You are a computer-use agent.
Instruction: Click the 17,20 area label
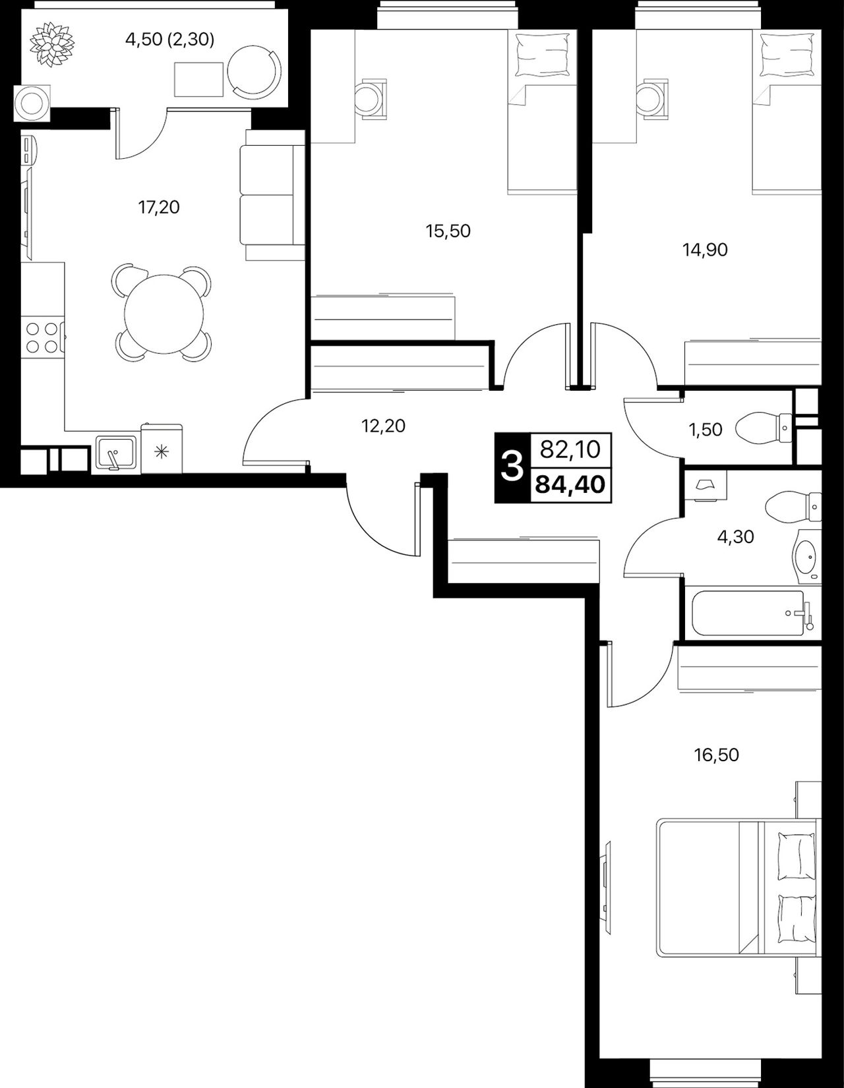pos(159,208)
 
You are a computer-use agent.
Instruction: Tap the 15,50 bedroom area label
pos(448,231)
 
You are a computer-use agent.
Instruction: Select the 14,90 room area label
pos(706,249)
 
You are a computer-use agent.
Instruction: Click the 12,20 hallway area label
pos(383,426)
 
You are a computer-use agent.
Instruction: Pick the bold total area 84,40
pos(570,484)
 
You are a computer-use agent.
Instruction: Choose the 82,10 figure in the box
pos(570,449)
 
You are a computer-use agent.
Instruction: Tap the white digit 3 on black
pos(512,468)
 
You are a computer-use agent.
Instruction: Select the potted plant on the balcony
pos(52,44)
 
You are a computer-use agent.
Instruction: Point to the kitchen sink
pos(116,453)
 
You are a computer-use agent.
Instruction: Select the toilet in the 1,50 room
pos(764,428)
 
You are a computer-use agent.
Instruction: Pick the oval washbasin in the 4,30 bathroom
pos(806,556)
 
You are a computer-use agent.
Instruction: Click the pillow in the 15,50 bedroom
pos(543,55)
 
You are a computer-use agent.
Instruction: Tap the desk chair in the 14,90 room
pos(652,99)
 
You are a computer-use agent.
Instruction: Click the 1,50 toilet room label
pos(706,429)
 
